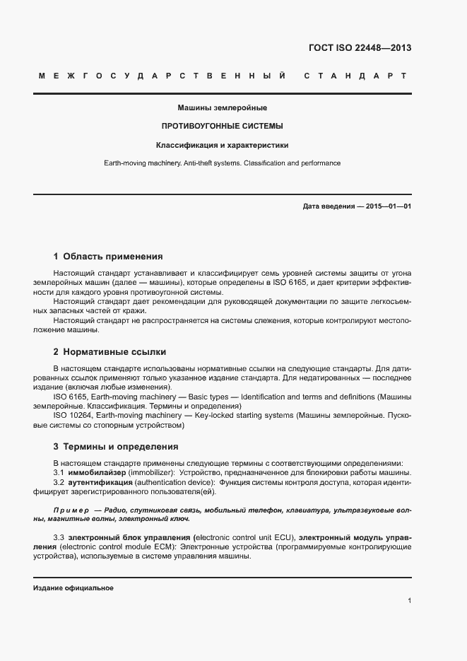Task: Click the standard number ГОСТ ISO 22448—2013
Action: [360, 49]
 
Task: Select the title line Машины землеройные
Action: [223, 108]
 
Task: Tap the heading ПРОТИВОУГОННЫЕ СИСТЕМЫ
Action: [223, 127]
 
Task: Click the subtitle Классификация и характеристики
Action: [223, 145]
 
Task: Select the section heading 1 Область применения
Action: [108, 256]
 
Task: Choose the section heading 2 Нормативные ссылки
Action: [110, 351]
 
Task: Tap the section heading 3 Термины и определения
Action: [116, 447]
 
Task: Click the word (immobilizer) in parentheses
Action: [151, 473]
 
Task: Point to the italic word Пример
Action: [71, 510]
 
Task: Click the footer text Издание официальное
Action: [73, 588]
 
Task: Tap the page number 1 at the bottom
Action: [409, 601]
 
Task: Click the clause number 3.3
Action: [59, 537]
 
